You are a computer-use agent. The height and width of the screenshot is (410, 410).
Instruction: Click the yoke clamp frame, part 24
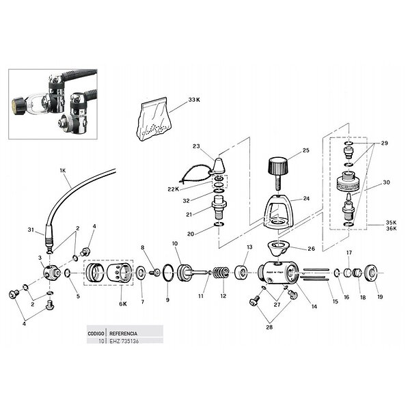pyautogui.click(x=281, y=210)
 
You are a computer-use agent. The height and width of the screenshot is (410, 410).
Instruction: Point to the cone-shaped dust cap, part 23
pyautogui.click(x=219, y=165)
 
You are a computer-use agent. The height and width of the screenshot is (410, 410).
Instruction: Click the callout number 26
pyautogui.click(x=311, y=249)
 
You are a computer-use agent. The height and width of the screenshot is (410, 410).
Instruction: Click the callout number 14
pyautogui.click(x=314, y=307)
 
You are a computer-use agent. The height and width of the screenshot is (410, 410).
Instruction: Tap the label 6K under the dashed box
pyautogui.click(x=123, y=303)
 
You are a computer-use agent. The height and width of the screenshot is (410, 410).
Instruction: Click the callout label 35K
pyautogui.click(x=391, y=223)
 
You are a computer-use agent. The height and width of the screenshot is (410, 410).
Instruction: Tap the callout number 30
pyautogui.click(x=386, y=182)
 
